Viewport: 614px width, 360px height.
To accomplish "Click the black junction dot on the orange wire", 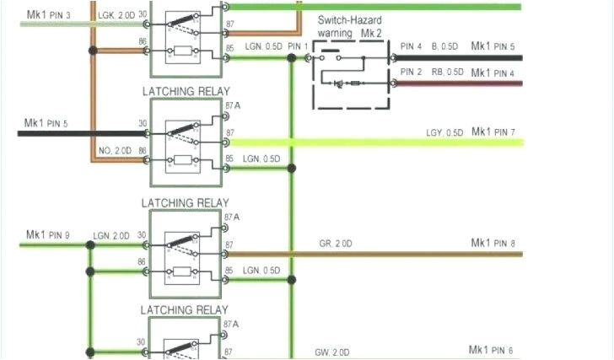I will point(93,51).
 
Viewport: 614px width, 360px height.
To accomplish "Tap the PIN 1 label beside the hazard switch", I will point(298,45).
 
